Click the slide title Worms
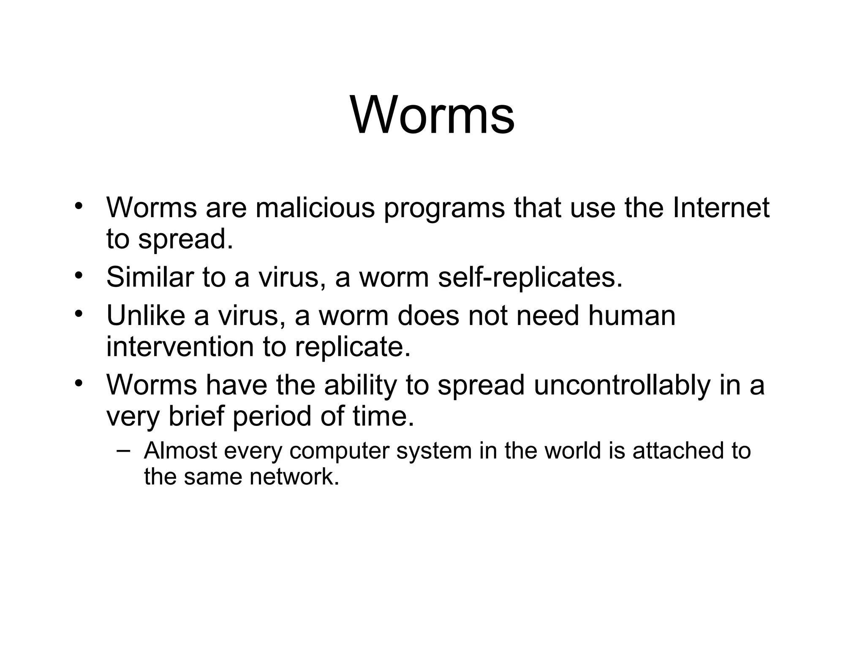432,115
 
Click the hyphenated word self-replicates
530,278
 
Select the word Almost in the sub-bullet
180,450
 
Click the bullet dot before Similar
78,276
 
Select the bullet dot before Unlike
78,314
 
